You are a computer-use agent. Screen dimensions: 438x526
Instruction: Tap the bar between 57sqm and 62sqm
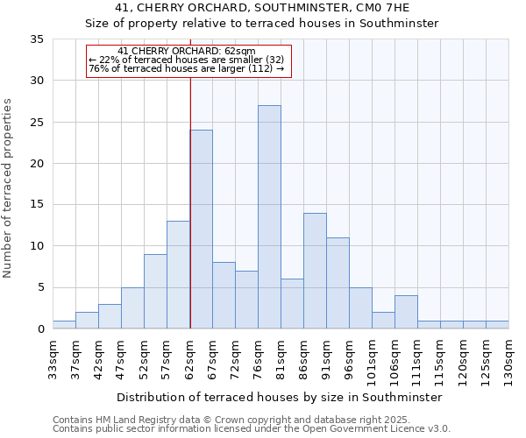click(178, 275)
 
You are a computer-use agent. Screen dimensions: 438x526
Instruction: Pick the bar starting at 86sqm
click(315, 271)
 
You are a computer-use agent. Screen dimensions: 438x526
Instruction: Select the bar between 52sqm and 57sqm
click(155, 292)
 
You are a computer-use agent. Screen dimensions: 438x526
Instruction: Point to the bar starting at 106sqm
click(406, 313)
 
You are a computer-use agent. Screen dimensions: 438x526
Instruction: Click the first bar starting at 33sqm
click(64, 325)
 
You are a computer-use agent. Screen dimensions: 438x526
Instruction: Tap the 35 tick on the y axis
click(37, 39)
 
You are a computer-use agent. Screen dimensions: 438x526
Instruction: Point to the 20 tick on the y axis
click(37, 164)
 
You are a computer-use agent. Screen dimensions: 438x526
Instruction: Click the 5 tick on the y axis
click(40, 288)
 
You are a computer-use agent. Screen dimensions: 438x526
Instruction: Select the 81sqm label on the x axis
click(281, 357)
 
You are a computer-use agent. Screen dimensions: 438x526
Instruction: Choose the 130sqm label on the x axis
click(508, 359)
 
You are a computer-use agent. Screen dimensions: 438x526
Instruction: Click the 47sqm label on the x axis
click(121, 357)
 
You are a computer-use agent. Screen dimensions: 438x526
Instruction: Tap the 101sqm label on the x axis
click(372, 359)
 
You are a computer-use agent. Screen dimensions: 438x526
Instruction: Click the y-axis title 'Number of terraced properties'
click(9, 188)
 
